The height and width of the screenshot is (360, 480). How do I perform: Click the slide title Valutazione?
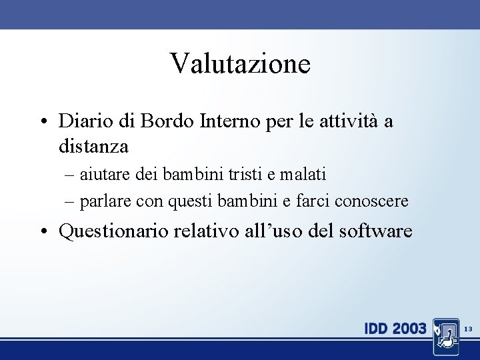coord(240,64)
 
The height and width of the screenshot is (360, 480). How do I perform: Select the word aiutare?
coord(105,175)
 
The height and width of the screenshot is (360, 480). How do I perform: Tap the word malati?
coord(303,175)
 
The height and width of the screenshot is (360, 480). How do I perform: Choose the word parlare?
coord(105,201)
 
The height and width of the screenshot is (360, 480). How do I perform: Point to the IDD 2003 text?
coord(395,329)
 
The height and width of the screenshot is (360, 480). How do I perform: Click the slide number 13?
coord(468,329)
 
